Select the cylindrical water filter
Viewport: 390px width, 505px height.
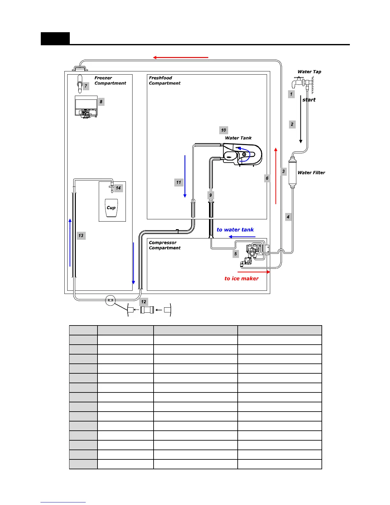click(292, 172)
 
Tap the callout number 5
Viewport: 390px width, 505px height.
click(235, 254)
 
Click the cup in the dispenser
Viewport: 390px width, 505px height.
click(111, 208)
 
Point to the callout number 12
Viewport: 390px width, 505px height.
click(144, 302)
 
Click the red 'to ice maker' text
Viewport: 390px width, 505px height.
click(241, 278)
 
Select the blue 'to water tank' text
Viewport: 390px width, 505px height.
click(235, 230)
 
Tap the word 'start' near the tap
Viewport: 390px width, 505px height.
click(309, 100)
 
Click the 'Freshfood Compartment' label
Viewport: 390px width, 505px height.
click(164, 80)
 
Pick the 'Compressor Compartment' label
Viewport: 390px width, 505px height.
click(164, 245)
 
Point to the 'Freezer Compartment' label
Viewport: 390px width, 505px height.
click(110, 80)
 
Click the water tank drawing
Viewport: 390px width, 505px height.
click(242, 155)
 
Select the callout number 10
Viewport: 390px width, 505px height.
click(223, 130)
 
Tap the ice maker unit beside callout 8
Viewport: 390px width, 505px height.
click(86, 107)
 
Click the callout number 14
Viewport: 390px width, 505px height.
click(118, 188)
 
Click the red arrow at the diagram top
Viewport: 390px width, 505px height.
click(180, 57)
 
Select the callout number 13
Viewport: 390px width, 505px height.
click(81, 236)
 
